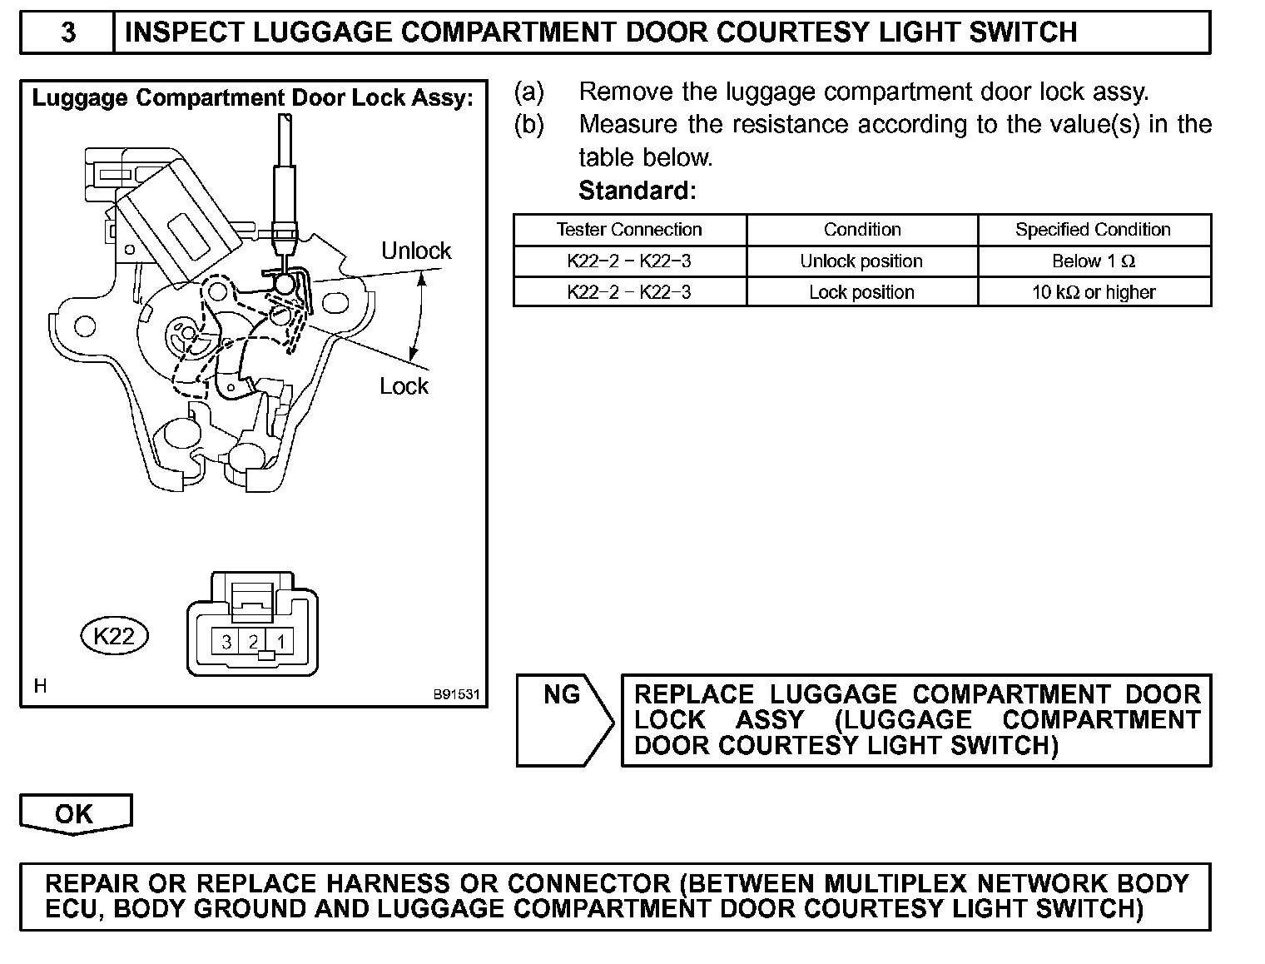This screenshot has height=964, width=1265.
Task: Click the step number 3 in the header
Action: tap(68, 32)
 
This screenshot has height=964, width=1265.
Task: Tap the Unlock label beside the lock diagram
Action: tap(415, 251)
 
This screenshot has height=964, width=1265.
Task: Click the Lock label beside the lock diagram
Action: tap(404, 386)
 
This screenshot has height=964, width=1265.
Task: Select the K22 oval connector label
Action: tap(114, 636)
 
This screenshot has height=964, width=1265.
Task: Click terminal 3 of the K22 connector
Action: tap(226, 642)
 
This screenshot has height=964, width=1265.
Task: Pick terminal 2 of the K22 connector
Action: tap(254, 642)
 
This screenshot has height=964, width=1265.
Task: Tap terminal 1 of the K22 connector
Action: tap(281, 642)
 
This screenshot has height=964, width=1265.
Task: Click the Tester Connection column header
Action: tap(629, 230)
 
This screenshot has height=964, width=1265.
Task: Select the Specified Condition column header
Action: tap(1093, 230)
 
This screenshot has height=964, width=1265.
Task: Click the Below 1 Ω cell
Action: tap(1093, 261)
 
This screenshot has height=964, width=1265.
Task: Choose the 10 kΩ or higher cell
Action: tap(1093, 292)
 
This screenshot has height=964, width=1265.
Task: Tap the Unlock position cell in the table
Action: tap(861, 261)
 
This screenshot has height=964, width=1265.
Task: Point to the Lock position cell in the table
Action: tap(861, 292)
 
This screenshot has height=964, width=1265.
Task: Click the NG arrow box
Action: tap(563, 719)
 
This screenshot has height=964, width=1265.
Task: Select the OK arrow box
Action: tap(75, 813)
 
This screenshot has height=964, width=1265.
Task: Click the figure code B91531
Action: tap(456, 694)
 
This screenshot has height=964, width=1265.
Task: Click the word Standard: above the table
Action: tap(637, 191)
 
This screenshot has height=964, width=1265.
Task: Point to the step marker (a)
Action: tap(529, 91)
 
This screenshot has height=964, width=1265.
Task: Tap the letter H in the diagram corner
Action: tap(40, 686)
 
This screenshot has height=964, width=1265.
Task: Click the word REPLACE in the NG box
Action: tap(694, 694)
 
